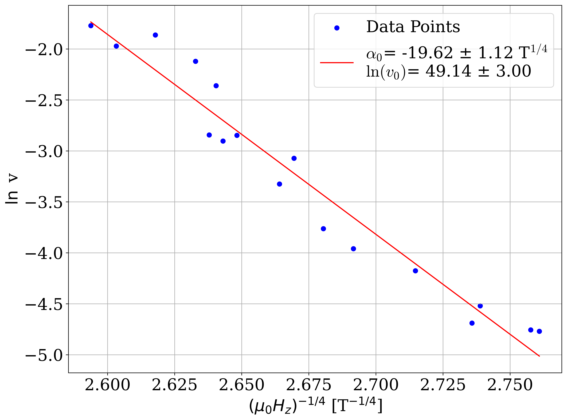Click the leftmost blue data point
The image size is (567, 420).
click(91, 26)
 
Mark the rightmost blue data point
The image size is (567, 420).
click(539, 331)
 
